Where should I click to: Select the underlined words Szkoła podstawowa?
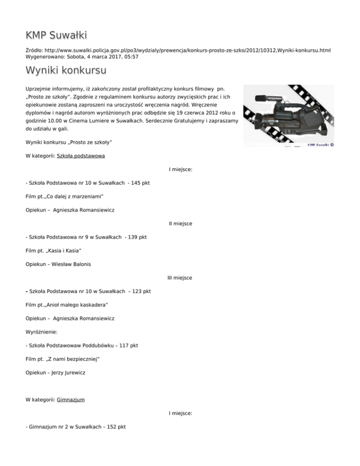point(80,156)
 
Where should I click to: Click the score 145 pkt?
point(141,183)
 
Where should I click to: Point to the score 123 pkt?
point(141,291)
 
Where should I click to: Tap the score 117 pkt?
point(128,345)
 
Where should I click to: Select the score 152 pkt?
point(116,427)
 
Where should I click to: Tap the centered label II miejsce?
point(180,224)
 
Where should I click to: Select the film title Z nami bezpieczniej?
point(72,359)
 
